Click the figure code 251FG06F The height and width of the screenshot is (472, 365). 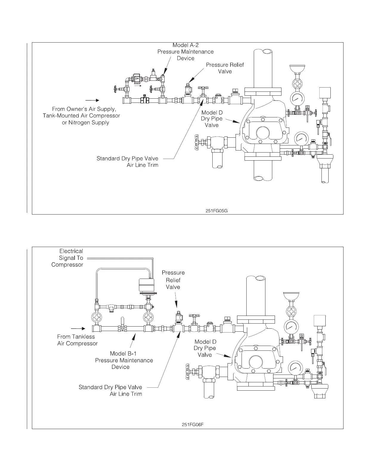click(193, 425)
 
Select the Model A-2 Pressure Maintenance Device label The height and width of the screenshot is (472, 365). click(185, 52)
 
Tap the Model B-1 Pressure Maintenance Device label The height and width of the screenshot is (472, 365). click(124, 360)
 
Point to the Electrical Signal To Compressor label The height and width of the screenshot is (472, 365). click(67, 258)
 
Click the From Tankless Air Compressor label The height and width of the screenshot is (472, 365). click(77, 340)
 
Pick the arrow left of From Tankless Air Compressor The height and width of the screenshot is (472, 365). click(78, 328)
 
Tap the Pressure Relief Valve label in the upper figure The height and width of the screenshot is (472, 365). click(225, 68)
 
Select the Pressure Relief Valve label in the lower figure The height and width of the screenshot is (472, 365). click(173, 280)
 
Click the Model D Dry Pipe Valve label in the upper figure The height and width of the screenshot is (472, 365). click(212, 119)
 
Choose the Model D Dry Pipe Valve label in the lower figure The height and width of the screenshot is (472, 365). click(205, 348)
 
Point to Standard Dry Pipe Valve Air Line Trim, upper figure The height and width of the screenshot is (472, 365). click(127, 162)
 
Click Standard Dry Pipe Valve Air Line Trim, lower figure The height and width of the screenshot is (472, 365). click(110, 390)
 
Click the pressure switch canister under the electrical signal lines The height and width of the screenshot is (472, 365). click(146, 285)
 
